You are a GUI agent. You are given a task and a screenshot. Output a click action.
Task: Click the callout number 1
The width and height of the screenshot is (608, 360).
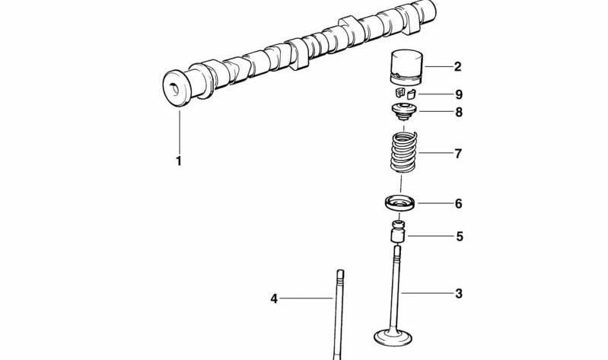179,161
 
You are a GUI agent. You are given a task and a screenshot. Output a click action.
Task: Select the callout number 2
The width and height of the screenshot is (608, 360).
457,67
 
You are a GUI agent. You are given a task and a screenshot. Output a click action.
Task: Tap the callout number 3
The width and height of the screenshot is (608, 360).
458,293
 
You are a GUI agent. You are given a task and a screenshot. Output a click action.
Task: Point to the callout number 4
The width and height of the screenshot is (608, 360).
274,299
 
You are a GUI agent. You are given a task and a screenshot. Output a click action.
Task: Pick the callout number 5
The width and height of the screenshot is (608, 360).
459,237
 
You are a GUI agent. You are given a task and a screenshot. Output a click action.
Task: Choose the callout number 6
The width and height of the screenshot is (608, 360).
458,204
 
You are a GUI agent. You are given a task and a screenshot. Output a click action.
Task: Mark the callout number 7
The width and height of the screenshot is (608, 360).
458,155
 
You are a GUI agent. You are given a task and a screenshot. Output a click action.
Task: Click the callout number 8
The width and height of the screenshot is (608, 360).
458,113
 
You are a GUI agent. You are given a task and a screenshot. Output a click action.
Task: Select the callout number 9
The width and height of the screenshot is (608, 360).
458,95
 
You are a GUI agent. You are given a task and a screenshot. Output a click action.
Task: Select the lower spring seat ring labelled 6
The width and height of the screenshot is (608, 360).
399,204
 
